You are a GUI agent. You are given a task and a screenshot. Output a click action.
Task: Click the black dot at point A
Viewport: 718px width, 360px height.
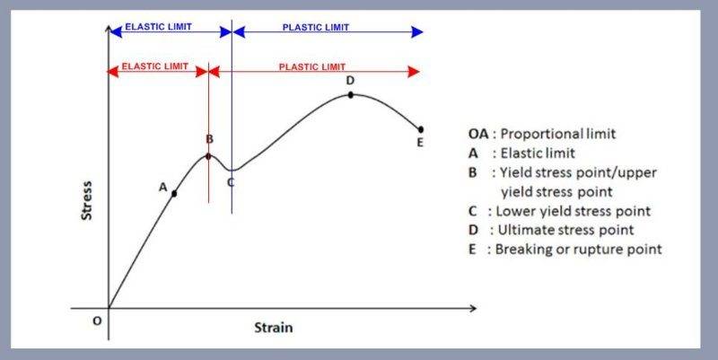(x=174, y=194)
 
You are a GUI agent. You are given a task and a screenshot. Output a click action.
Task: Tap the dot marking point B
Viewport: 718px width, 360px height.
(x=208, y=156)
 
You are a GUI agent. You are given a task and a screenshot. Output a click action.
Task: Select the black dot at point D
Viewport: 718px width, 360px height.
(x=350, y=95)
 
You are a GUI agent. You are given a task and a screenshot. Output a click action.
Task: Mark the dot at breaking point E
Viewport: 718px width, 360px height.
(x=421, y=129)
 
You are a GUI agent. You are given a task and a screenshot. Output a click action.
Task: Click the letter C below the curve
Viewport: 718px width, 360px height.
(x=231, y=182)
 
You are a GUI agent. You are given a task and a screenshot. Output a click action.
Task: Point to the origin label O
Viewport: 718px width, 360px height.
(x=97, y=321)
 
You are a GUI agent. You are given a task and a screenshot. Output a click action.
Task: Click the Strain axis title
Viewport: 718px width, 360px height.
(x=274, y=328)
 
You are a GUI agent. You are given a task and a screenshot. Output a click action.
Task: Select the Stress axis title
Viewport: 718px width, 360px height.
(x=86, y=200)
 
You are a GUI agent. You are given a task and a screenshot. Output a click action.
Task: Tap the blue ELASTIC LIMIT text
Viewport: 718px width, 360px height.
(x=159, y=27)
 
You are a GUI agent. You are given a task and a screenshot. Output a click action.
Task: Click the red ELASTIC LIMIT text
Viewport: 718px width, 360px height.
(x=154, y=66)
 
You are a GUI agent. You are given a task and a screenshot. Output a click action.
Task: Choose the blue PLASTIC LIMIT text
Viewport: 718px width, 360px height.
(x=316, y=28)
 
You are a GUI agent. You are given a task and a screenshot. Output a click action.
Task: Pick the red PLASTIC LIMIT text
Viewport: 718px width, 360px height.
(x=311, y=66)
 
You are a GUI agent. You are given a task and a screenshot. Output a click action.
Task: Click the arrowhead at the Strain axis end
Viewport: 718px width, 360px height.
(x=473, y=308)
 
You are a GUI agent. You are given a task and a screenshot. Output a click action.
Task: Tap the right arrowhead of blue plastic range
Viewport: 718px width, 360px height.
(x=417, y=32)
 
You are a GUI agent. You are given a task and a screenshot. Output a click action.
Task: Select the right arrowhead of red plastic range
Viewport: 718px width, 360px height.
(x=414, y=72)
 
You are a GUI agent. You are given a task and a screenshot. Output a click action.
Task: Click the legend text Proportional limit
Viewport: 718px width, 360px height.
(x=557, y=134)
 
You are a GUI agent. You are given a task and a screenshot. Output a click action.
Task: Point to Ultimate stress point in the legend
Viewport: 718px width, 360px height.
(x=565, y=230)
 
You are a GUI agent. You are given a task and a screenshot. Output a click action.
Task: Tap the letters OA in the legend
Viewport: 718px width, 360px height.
(x=479, y=134)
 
